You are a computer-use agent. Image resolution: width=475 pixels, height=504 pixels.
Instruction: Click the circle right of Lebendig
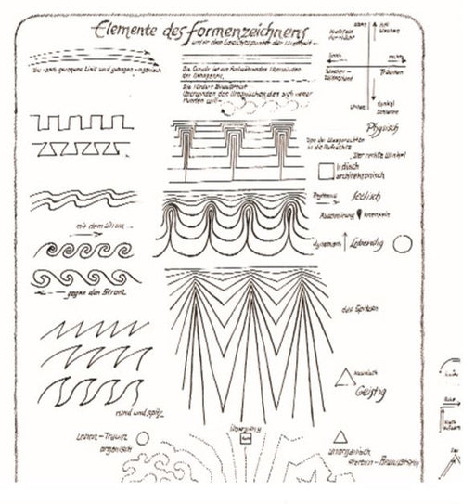coord(403,244)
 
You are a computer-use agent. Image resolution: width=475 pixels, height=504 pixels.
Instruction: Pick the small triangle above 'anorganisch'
coord(340,435)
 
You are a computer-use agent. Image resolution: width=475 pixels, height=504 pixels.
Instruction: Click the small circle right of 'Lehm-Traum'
coord(142,438)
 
